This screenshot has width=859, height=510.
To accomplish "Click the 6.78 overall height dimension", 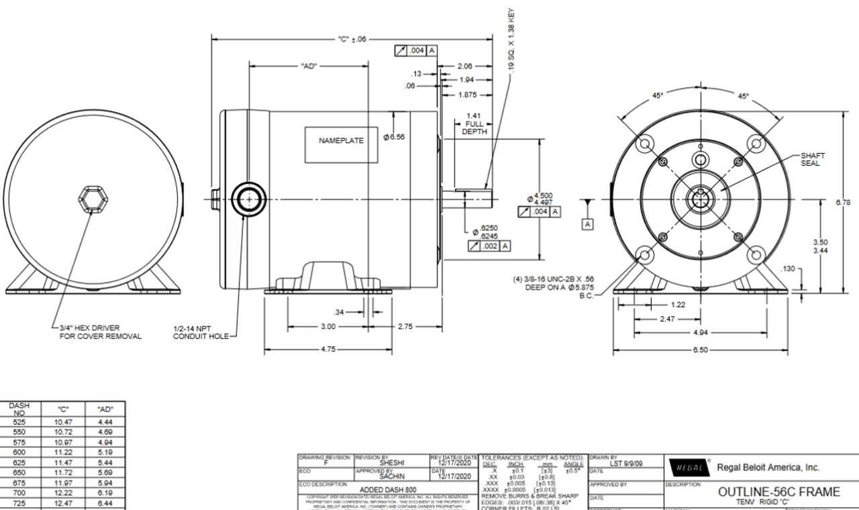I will [848, 202].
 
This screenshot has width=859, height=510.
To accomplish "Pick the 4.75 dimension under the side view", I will [327, 350].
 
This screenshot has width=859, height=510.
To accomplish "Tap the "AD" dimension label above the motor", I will [310, 66].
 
